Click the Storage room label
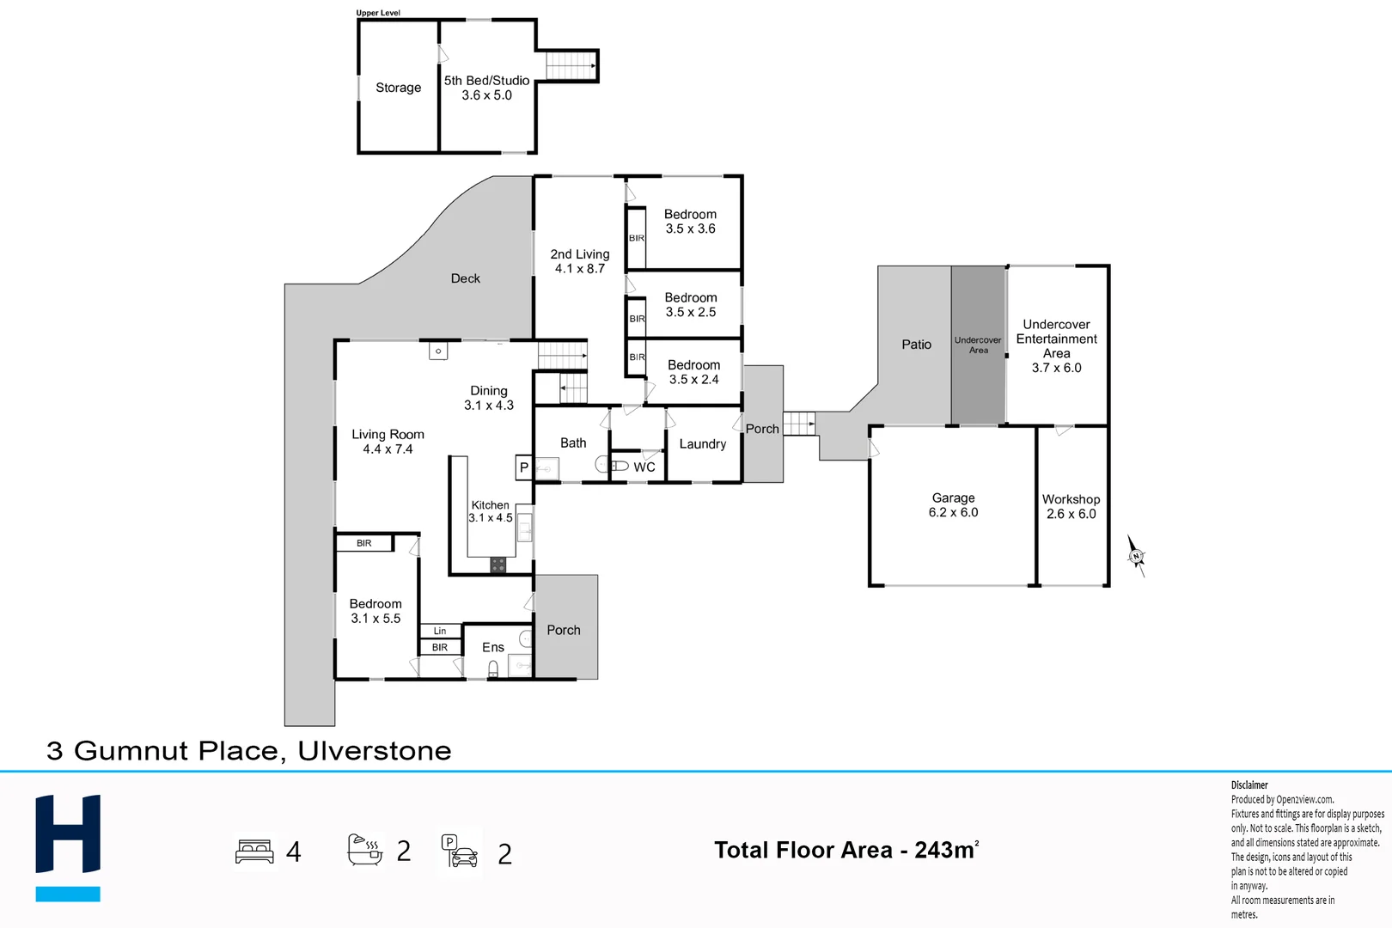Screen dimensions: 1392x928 pyautogui.click(x=398, y=88)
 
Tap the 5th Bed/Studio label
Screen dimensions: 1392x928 pyautogui.click(x=486, y=81)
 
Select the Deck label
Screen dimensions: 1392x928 pyautogui.click(x=465, y=278)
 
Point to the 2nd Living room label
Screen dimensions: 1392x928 pyautogui.click(x=580, y=254)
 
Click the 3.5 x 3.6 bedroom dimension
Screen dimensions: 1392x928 pyautogui.click(x=690, y=229)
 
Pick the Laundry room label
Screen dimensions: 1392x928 pyautogui.click(x=702, y=444)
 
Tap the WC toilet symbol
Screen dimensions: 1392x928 pyautogui.click(x=613, y=466)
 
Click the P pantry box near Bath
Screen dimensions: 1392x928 pyautogui.click(x=523, y=467)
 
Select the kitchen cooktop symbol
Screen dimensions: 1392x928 pyautogui.click(x=498, y=565)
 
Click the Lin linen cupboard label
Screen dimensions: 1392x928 pyautogui.click(x=440, y=631)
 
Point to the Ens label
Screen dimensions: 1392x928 pyautogui.click(x=493, y=648)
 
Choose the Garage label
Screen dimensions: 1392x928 pyautogui.click(x=953, y=498)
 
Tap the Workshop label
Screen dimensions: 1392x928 pyautogui.click(x=1071, y=499)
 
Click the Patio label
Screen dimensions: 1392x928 pyautogui.click(x=916, y=345)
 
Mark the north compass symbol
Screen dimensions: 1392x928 pyautogui.click(x=1136, y=556)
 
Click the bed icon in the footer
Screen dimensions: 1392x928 pyautogui.click(x=254, y=852)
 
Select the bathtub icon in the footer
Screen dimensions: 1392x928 pyautogui.click(x=364, y=850)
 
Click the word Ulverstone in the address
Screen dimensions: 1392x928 pyautogui.click(x=374, y=751)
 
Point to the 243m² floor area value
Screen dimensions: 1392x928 pyautogui.click(x=946, y=850)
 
